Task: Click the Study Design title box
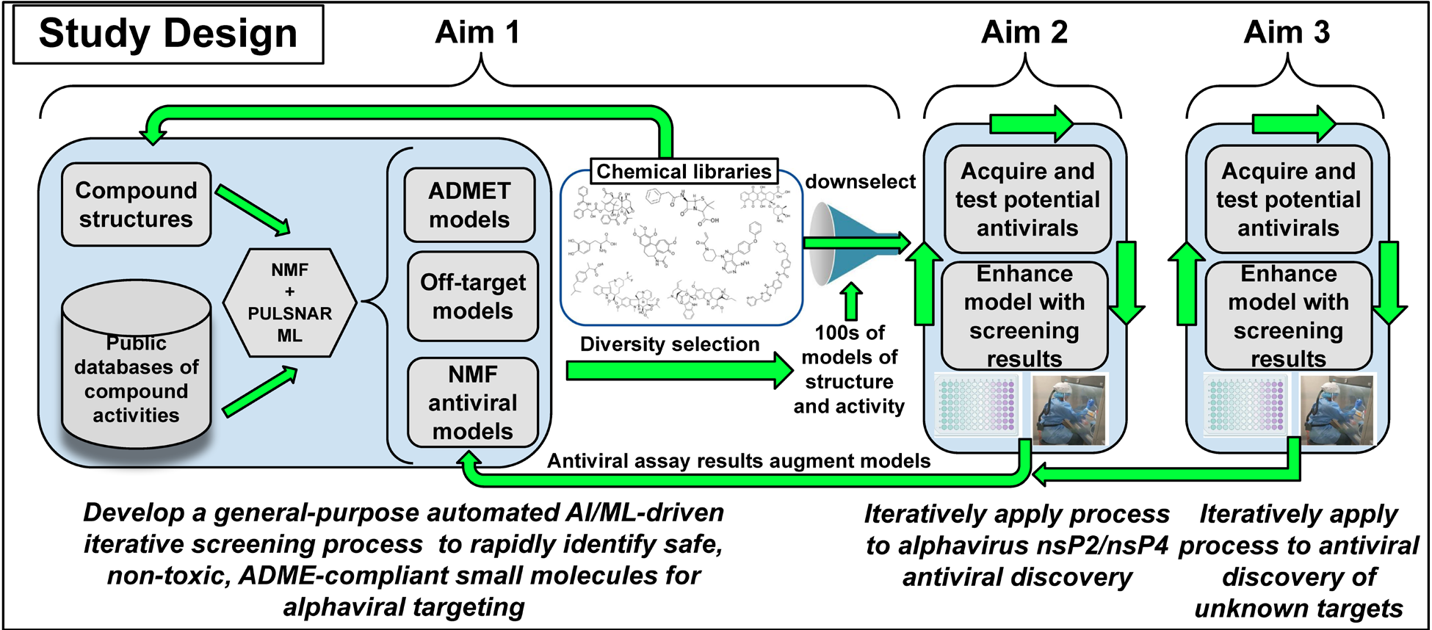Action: (168, 35)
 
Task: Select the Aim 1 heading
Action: (477, 32)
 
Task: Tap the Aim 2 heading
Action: (1024, 32)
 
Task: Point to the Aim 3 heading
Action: (1287, 32)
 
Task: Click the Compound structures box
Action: (137, 205)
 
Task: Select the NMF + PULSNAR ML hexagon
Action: (289, 303)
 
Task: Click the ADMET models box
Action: (469, 205)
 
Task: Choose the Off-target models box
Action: (473, 297)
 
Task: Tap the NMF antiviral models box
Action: (473, 402)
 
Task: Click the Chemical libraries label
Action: (684, 171)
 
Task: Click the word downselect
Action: (860, 181)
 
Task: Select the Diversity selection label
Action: (670, 344)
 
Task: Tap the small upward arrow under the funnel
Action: (851, 301)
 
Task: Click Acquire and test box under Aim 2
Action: (1027, 200)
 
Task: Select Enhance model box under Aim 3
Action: (1288, 316)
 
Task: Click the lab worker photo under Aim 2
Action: (1068, 410)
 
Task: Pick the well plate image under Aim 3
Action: (1247, 404)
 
